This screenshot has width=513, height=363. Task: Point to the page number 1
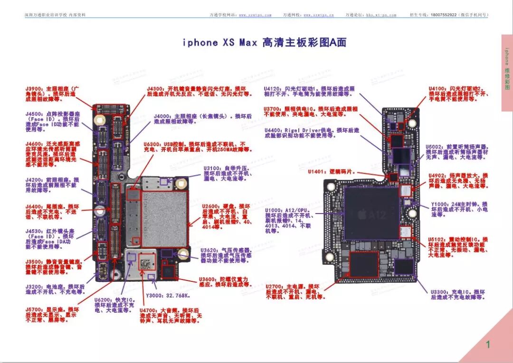[x=487, y=345]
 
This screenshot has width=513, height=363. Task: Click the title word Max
[x=248, y=43]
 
